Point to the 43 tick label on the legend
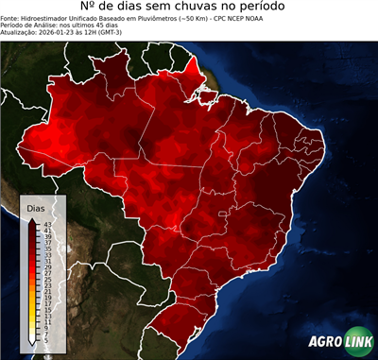click(45, 223)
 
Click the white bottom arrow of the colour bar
click(32, 336)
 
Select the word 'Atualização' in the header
click(17, 33)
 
